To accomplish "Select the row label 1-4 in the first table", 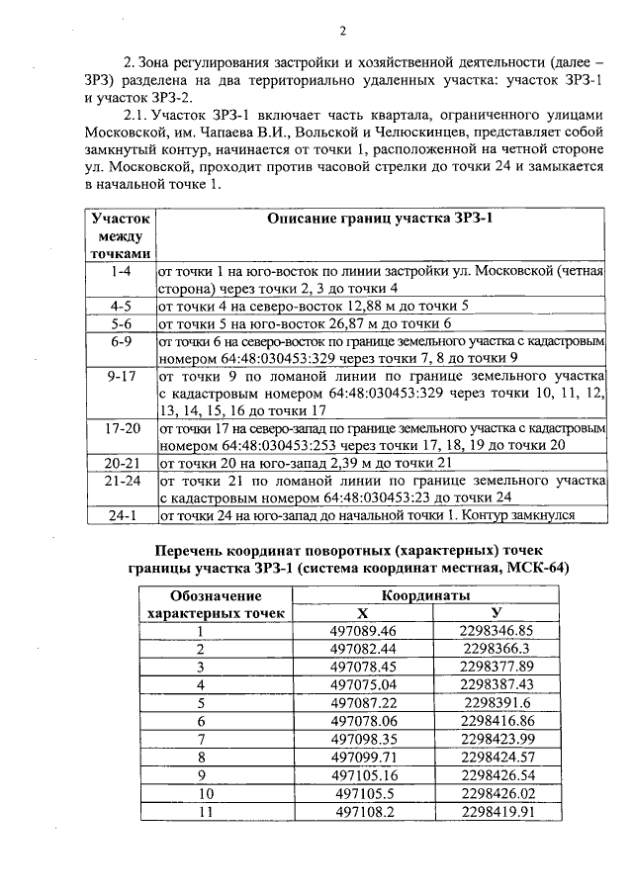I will click(122, 269).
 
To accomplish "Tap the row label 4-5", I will click(122, 306).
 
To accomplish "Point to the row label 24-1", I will click(122, 515).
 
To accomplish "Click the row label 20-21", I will click(122, 462).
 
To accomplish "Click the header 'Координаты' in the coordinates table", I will click(427, 596).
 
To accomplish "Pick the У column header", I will click(497, 613).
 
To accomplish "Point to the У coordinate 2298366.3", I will click(497, 649).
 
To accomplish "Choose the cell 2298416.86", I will click(497, 721).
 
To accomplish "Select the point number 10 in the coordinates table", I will click(206, 793).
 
